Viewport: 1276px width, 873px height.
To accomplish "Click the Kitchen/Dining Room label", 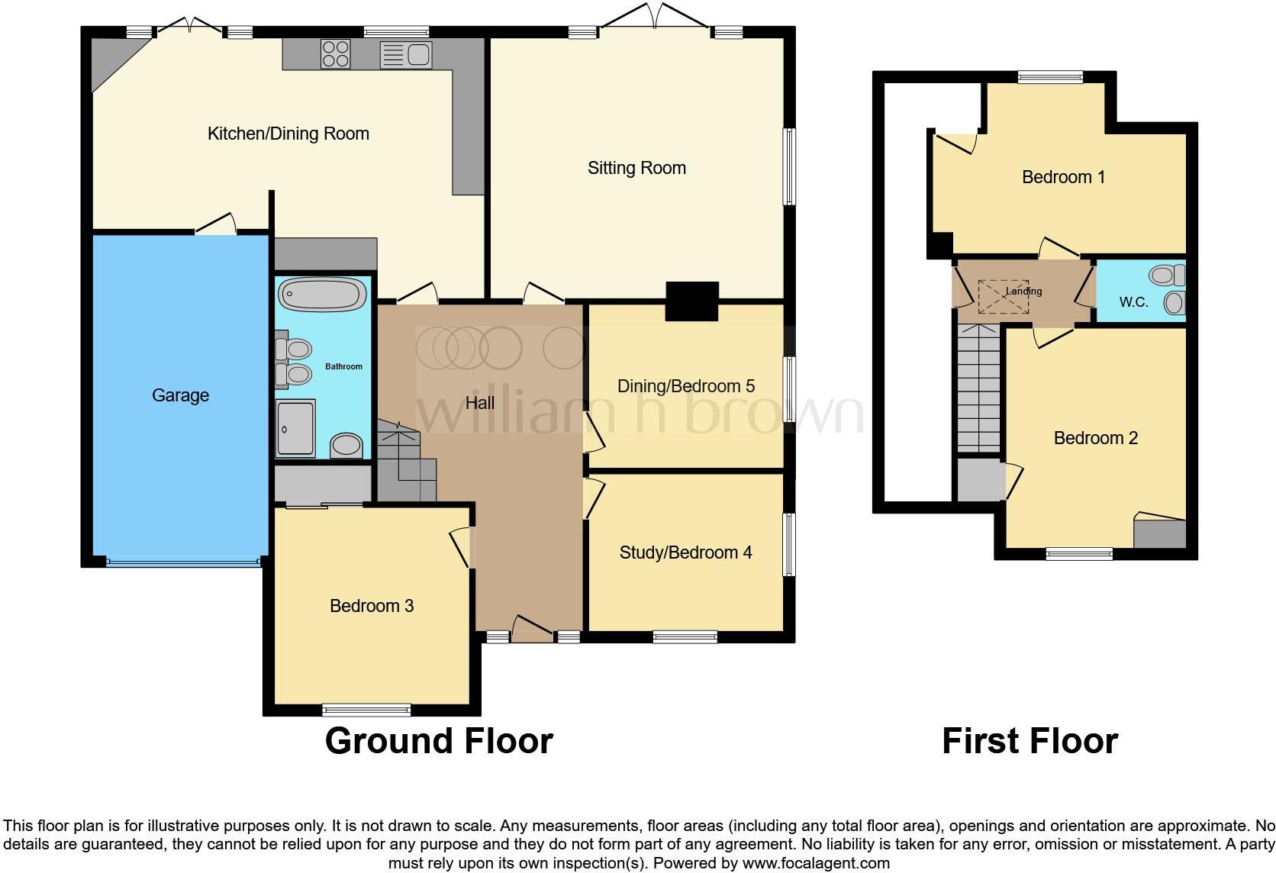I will click(x=288, y=134).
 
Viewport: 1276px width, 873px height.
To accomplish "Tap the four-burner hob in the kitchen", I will click(x=335, y=54).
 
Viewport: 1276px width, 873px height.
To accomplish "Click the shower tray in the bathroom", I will click(x=295, y=428).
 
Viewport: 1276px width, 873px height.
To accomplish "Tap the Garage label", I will click(x=180, y=395).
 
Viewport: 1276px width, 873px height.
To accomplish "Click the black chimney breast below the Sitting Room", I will click(x=692, y=301).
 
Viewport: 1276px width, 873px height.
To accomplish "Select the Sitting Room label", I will click(x=636, y=168).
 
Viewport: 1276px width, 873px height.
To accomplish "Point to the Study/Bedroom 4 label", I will click(x=685, y=552).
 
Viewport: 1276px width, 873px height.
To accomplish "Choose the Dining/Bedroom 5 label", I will click(x=685, y=386).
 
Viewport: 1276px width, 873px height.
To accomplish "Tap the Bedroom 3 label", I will click(x=371, y=606).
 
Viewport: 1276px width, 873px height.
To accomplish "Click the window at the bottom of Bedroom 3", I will click(x=366, y=710).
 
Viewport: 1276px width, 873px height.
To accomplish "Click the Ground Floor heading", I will click(x=439, y=741).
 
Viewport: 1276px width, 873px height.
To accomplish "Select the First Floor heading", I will click(x=1029, y=741).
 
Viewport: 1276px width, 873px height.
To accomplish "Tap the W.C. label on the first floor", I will click(x=1133, y=302).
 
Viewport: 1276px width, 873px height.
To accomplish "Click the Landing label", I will click(x=1023, y=291).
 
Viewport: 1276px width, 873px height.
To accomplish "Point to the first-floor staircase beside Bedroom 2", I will click(x=978, y=388).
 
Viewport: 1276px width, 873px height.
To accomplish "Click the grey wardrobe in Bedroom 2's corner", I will click(x=1159, y=533).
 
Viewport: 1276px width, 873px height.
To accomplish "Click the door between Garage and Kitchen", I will click(x=216, y=225).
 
